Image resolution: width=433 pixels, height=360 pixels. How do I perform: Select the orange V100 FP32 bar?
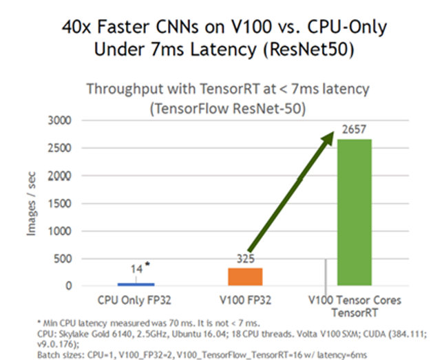(x=245, y=277)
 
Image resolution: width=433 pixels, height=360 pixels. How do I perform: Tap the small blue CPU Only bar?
(x=136, y=284)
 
